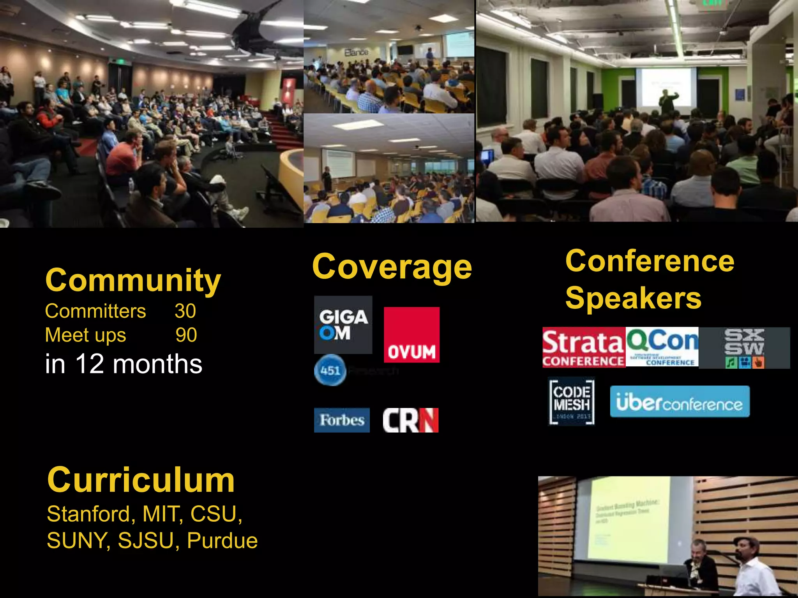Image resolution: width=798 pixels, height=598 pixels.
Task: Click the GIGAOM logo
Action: [343, 324]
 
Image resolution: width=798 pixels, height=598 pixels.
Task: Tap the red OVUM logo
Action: [411, 335]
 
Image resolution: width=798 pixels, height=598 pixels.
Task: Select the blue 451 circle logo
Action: [330, 370]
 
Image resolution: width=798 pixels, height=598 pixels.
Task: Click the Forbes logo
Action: [342, 420]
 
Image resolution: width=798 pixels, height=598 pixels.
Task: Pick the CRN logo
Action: [410, 420]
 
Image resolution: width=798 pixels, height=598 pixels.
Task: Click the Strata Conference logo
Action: [583, 348]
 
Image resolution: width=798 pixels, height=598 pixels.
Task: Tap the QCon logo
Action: [662, 347]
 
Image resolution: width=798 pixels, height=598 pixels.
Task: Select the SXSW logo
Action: [744, 348]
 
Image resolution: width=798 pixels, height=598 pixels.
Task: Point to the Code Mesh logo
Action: [572, 401]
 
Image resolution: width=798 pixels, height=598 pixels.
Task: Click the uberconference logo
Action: [680, 401]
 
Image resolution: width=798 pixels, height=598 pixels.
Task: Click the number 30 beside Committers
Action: [185, 311]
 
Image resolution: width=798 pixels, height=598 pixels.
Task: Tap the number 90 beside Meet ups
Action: [186, 335]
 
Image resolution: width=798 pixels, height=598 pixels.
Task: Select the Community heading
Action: [133, 280]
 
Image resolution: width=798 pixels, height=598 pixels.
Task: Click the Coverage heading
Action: [392, 267]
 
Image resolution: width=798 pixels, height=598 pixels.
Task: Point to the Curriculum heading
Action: [141, 480]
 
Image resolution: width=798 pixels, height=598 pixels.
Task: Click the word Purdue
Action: [222, 541]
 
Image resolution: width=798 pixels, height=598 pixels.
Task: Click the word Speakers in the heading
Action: [633, 298]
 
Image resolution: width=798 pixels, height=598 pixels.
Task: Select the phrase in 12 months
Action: [124, 364]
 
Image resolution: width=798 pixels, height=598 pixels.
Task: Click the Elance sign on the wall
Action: [356, 52]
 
